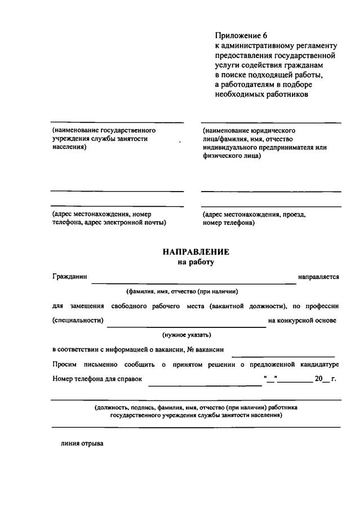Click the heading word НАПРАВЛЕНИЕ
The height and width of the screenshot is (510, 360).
(196, 252)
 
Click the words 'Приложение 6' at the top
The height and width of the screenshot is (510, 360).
(236, 36)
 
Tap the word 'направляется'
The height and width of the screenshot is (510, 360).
(319, 277)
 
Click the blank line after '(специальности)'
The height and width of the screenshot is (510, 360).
(186, 325)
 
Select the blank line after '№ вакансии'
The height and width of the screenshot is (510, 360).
(283, 355)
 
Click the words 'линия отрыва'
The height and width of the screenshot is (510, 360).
(82, 444)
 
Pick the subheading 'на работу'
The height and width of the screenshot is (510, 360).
(196, 262)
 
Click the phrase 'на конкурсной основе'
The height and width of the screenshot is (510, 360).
(303, 321)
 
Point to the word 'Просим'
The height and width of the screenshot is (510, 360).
(64, 364)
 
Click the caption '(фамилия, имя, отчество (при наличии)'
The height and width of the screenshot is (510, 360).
(182, 291)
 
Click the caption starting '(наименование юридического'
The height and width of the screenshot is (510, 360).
(248, 130)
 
